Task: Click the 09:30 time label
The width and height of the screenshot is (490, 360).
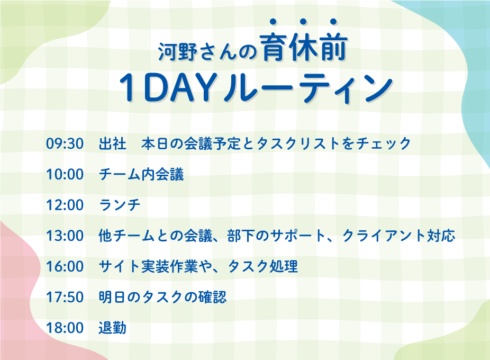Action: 65,143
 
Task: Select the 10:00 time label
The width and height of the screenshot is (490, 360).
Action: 65,174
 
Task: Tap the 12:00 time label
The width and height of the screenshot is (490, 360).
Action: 65,205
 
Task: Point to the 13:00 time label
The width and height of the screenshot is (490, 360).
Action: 65,236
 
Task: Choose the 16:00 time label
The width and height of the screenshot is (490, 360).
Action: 65,266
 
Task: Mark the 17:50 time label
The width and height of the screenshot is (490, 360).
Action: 65,297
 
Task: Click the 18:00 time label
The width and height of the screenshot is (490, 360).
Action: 65,328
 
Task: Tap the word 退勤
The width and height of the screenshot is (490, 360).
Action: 113,328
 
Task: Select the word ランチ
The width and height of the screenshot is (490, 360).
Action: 120,205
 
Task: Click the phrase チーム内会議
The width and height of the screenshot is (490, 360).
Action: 141,174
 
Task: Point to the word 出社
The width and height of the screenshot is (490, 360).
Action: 113,143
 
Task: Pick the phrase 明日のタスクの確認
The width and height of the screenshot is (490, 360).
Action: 162,297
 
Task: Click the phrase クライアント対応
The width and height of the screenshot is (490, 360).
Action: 399,236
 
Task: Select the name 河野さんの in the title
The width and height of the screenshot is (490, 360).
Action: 207,51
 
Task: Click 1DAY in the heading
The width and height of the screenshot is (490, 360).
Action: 167,88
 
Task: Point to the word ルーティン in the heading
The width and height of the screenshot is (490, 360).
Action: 308,88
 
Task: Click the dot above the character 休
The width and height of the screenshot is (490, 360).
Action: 303,22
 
